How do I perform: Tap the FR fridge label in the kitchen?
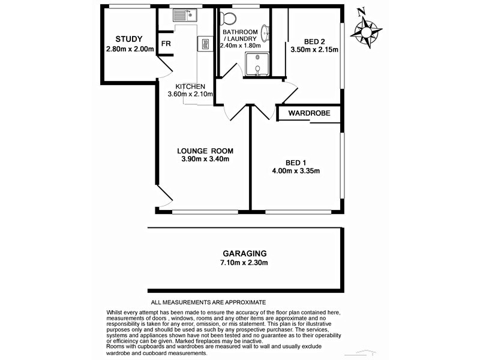pos(165,43)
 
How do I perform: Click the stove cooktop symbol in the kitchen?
pos(205,43)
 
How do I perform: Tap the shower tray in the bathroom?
pos(257,64)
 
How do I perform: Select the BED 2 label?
pos(314,41)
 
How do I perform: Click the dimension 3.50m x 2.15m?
pos(314,50)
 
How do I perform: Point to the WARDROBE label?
pos(306,113)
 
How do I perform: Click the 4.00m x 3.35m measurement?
pos(296,171)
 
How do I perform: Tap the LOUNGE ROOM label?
pos(205,151)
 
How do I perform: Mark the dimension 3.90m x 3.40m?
pos(205,159)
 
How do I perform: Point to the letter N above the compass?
pos(361,10)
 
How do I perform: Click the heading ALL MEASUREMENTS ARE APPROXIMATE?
pos(208,302)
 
